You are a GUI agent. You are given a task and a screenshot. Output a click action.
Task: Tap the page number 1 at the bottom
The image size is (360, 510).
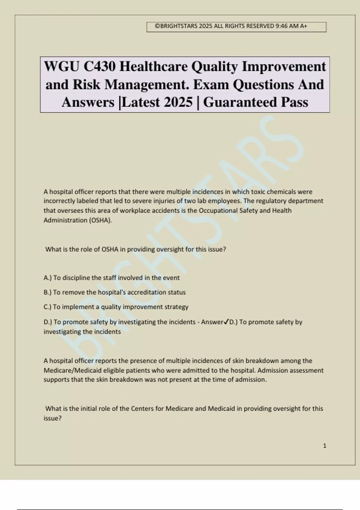pos(325,446)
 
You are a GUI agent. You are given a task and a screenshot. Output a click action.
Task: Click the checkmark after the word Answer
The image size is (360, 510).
pos(226,322)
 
